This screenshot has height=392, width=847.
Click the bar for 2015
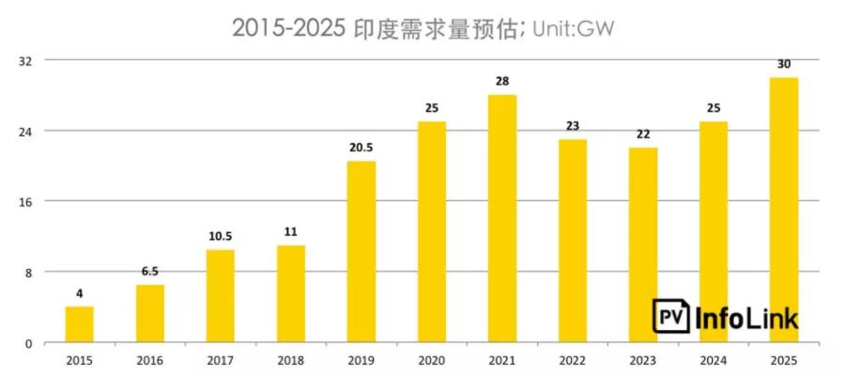79,324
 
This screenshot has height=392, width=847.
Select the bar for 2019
362,252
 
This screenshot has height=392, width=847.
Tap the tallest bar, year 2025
784,210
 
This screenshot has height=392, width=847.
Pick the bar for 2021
502,218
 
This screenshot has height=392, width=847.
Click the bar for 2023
643,244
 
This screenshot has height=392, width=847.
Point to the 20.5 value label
362,148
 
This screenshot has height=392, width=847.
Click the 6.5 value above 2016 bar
150,271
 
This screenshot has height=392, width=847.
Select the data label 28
502,81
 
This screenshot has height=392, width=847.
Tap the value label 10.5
221,236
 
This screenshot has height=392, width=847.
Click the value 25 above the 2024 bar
714,107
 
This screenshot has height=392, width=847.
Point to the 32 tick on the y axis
26,60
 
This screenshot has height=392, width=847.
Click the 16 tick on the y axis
26,201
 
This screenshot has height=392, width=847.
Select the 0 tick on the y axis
29,343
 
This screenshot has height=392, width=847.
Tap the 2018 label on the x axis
291,360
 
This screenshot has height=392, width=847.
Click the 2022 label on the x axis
573,360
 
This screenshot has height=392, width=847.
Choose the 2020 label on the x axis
432,360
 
